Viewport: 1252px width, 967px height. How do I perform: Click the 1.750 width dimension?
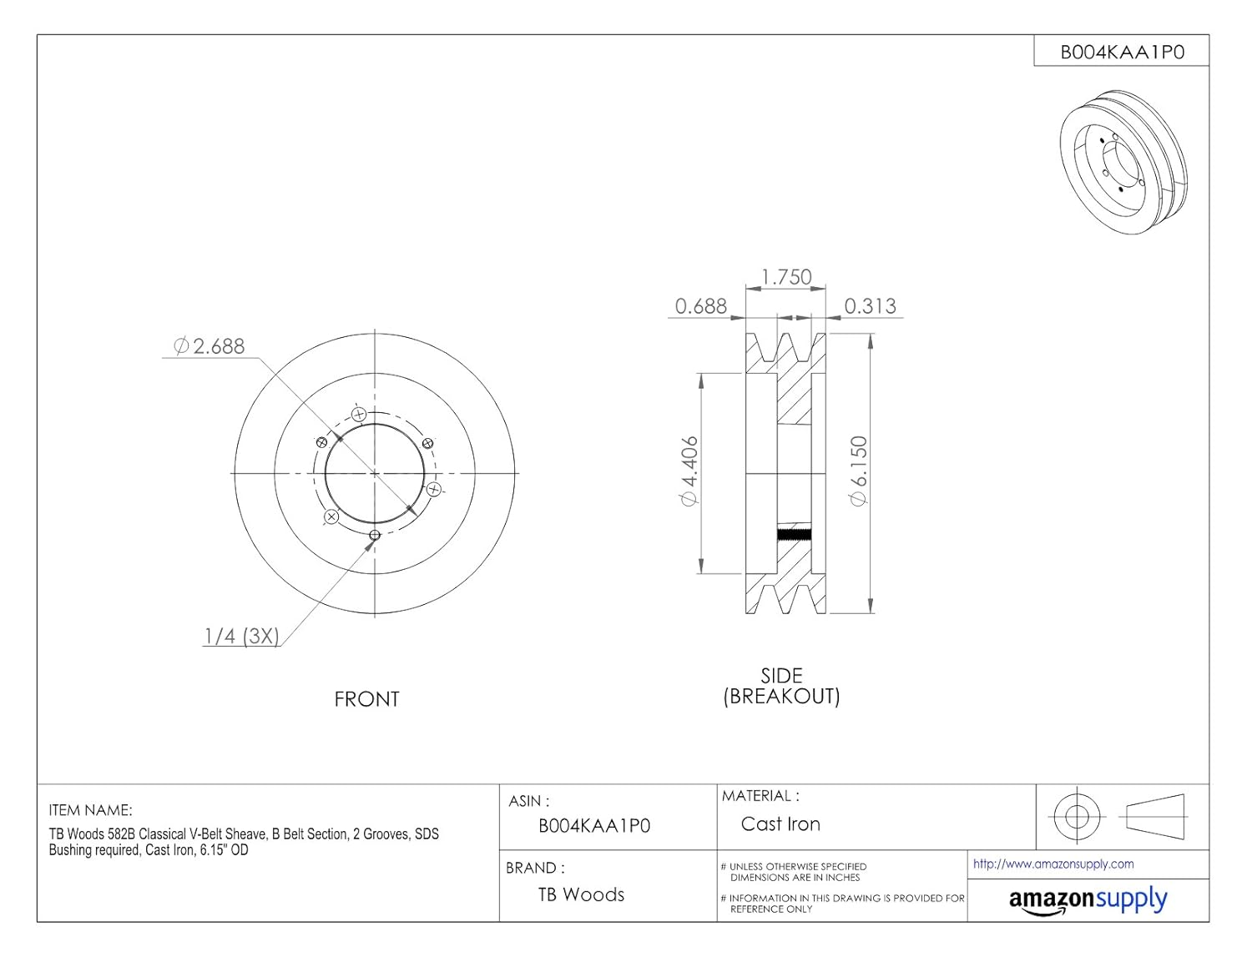pos(786,277)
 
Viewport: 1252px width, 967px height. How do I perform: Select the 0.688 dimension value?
pos(700,306)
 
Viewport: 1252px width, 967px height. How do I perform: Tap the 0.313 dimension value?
pos(870,306)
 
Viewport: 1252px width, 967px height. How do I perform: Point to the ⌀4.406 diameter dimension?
pos(689,471)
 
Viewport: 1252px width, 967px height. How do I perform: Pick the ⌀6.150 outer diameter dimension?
pos(858,471)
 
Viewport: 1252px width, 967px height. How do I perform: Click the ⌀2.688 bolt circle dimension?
pos(210,345)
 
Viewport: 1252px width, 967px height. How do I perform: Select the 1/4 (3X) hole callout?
pos(241,636)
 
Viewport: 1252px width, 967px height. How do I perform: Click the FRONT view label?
pos(366,699)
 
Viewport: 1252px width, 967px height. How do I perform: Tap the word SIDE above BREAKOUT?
pos(781,676)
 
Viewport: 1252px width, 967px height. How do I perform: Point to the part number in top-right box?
pos(1122,52)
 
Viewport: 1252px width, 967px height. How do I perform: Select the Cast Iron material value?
pos(780,824)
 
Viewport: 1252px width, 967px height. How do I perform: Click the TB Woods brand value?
pos(581,894)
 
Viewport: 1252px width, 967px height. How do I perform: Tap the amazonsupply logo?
pos(1088,900)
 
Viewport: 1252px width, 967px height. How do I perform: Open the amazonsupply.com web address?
pos(1053,864)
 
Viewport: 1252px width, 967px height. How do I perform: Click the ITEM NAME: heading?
pos(90,810)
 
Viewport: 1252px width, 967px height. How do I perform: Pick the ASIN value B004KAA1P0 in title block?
pos(594,826)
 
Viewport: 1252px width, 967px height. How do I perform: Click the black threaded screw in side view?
pos(794,535)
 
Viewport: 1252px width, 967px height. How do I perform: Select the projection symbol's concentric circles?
pos(1077,816)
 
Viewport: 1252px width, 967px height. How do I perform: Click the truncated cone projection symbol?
pos(1155,816)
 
